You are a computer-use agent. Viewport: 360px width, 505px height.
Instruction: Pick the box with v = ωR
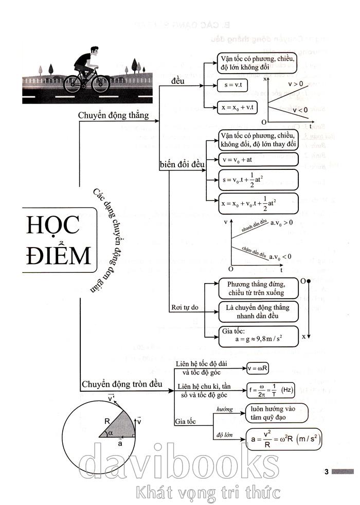(x=258, y=368)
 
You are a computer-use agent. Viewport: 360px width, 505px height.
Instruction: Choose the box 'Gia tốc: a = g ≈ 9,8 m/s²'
(x=258, y=336)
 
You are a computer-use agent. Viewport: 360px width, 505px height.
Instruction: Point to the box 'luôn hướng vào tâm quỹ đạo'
(x=276, y=412)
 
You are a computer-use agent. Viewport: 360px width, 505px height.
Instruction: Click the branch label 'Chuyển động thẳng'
(x=113, y=115)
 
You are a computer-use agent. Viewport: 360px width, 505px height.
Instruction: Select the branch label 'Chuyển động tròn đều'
(x=121, y=384)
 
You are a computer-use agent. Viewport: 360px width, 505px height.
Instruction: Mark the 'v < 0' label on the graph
(x=300, y=110)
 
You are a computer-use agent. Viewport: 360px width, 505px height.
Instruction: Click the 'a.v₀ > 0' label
(x=281, y=223)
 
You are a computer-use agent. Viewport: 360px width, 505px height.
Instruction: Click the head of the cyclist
(x=94, y=53)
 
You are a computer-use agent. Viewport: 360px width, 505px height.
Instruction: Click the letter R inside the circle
(x=107, y=421)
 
